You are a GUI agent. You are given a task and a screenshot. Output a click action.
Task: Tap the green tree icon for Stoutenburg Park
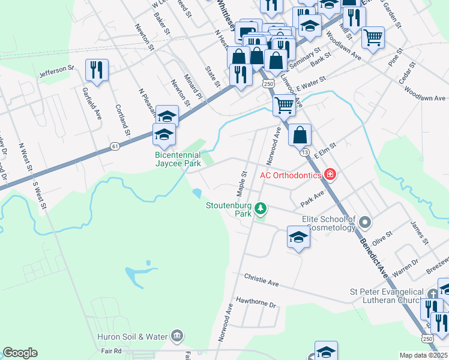coord(261,209)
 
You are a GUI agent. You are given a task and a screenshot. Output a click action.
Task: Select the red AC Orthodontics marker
coord(330,175)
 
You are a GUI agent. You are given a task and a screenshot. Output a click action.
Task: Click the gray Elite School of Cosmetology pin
coord(364,224)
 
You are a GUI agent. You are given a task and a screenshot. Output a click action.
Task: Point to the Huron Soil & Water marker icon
coord(177,335)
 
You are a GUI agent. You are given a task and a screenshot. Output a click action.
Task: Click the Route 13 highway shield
coord(305,152)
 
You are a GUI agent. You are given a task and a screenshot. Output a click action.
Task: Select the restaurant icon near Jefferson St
coord(97,70)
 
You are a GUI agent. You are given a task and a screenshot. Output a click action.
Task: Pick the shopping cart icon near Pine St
coord(373,38)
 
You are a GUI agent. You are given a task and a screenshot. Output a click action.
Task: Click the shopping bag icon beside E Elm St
coord(299,134)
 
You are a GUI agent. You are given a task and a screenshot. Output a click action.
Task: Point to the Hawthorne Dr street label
coord(256,302)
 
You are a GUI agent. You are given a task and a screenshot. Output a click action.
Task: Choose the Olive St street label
coord(382,237)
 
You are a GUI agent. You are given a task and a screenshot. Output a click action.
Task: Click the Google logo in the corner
coord(20,353)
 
